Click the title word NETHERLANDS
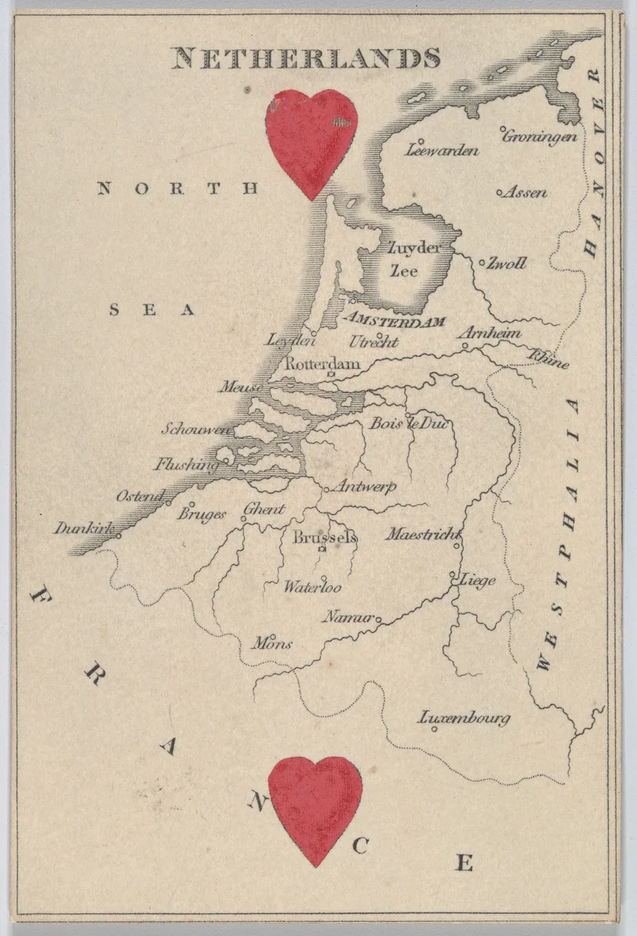click(306, 59)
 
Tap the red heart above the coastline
click(311, 140)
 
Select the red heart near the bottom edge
click(315, 806)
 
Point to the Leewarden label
click(442, 150)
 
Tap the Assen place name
click(525, 192)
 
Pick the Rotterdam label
click(322, 364)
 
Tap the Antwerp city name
click(364, 487)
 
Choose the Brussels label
click(325, 537)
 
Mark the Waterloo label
click(312, 586)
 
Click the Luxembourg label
click(464, 717)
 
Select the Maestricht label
click(421, 535)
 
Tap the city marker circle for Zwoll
click(482, 262)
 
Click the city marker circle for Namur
click(378, 619)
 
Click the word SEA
click(151, 310)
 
